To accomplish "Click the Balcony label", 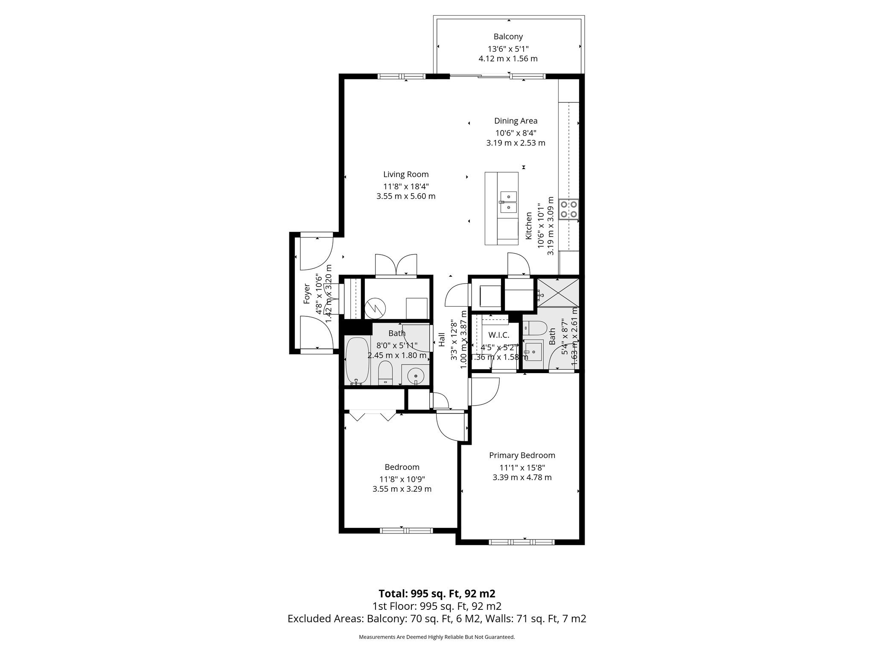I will (508, 37).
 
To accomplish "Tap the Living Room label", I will (405, 174).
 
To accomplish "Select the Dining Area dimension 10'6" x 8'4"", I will (516, 132).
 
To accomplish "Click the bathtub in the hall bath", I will (357, 361).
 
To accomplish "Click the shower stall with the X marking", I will (558, 292).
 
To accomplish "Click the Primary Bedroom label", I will (522, 455).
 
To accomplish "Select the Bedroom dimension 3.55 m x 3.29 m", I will (402, 489).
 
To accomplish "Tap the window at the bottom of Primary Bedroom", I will (521, 542).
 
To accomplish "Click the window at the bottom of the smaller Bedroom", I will (406, 530).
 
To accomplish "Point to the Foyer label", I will (306, 293).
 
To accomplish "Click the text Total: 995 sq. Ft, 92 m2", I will (437, 593).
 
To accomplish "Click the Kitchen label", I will (528, 226).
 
